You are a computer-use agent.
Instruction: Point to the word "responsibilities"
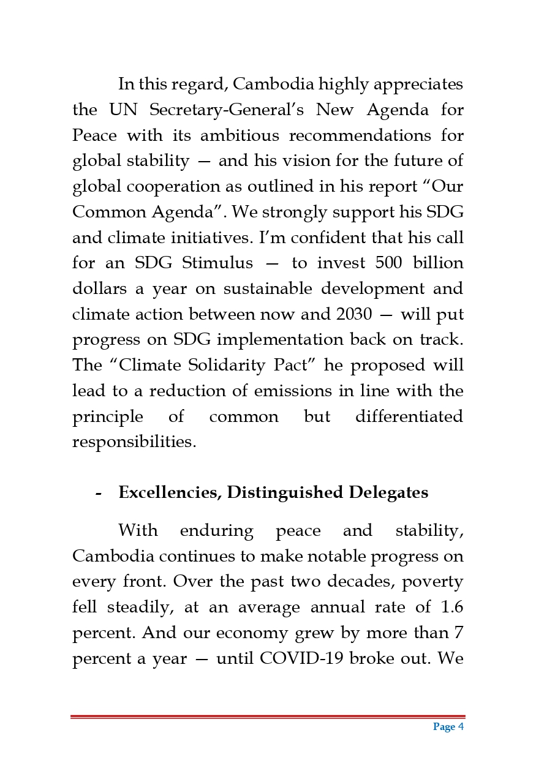[x=134, y=442]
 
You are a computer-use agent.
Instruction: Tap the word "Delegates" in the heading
[x=388, y=492]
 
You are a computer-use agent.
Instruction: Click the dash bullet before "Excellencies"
[x=98, y=493]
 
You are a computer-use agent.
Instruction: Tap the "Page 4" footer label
[x=448, y=727]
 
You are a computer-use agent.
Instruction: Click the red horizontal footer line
[x=268, y=717]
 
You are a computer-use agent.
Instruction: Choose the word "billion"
[x=435, y=263]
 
